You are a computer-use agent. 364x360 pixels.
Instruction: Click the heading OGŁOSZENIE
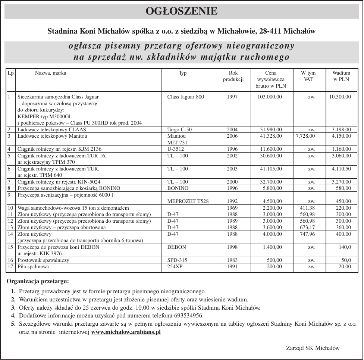coord(182,11)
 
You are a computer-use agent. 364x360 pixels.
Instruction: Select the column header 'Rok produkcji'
coord(233,76)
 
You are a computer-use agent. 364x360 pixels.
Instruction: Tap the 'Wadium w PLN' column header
coord(341,76)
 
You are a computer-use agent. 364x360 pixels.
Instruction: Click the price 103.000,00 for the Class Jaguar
coord(270,97)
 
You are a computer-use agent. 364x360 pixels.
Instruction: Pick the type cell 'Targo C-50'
coord(179,130)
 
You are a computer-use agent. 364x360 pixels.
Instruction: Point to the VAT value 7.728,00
coord(305,136)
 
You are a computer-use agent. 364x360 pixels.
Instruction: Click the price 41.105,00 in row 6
coord(271,169)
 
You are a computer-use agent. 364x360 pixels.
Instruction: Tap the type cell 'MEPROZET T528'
coord(188,201)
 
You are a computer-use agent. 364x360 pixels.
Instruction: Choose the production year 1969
coord(232,208)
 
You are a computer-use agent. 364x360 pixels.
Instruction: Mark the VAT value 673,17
coord(307,228)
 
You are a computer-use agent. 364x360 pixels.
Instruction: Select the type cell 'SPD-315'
coord(177,260)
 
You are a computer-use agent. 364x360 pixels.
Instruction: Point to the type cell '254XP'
coord(175,267)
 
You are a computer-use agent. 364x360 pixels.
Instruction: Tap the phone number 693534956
coord(186,316)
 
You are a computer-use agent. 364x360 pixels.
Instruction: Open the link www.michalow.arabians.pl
coord(126,332)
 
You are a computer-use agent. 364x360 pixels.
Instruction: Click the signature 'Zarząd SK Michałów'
coord(313,348)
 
